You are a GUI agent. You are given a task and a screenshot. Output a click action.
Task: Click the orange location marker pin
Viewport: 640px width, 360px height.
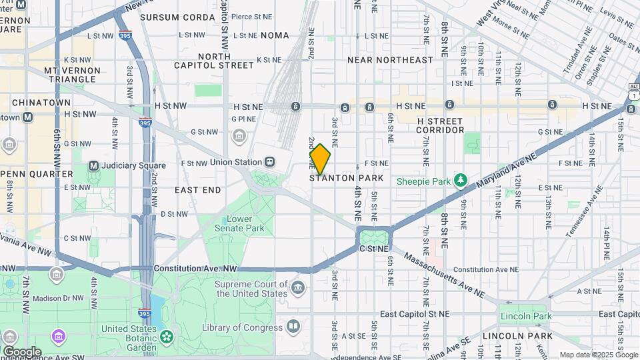coord(320,159)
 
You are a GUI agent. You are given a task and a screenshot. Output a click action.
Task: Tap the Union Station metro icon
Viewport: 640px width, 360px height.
coord(270,162)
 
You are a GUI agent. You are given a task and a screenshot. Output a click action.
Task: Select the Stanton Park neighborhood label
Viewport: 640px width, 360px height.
coord(347,178)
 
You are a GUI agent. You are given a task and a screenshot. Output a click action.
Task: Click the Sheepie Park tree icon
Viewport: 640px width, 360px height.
coord(460,181)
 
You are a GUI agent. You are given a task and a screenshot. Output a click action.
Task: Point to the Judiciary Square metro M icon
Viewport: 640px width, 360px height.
coord(93,165)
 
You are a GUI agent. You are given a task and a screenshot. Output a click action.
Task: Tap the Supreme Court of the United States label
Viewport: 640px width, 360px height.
coord(251,289)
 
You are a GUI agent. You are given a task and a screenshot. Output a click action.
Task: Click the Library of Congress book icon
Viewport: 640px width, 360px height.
coord(293,327)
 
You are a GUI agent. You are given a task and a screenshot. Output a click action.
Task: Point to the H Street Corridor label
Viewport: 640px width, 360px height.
coord(440,125)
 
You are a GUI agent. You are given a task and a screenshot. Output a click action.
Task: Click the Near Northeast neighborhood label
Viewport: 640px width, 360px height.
coord(390,60)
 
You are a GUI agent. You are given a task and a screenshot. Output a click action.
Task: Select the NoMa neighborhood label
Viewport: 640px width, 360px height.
coord(275,35)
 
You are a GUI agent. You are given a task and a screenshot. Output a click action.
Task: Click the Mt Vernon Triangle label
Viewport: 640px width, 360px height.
coord(72,75)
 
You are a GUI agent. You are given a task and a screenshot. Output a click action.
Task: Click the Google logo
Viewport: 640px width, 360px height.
coord(22,351)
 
